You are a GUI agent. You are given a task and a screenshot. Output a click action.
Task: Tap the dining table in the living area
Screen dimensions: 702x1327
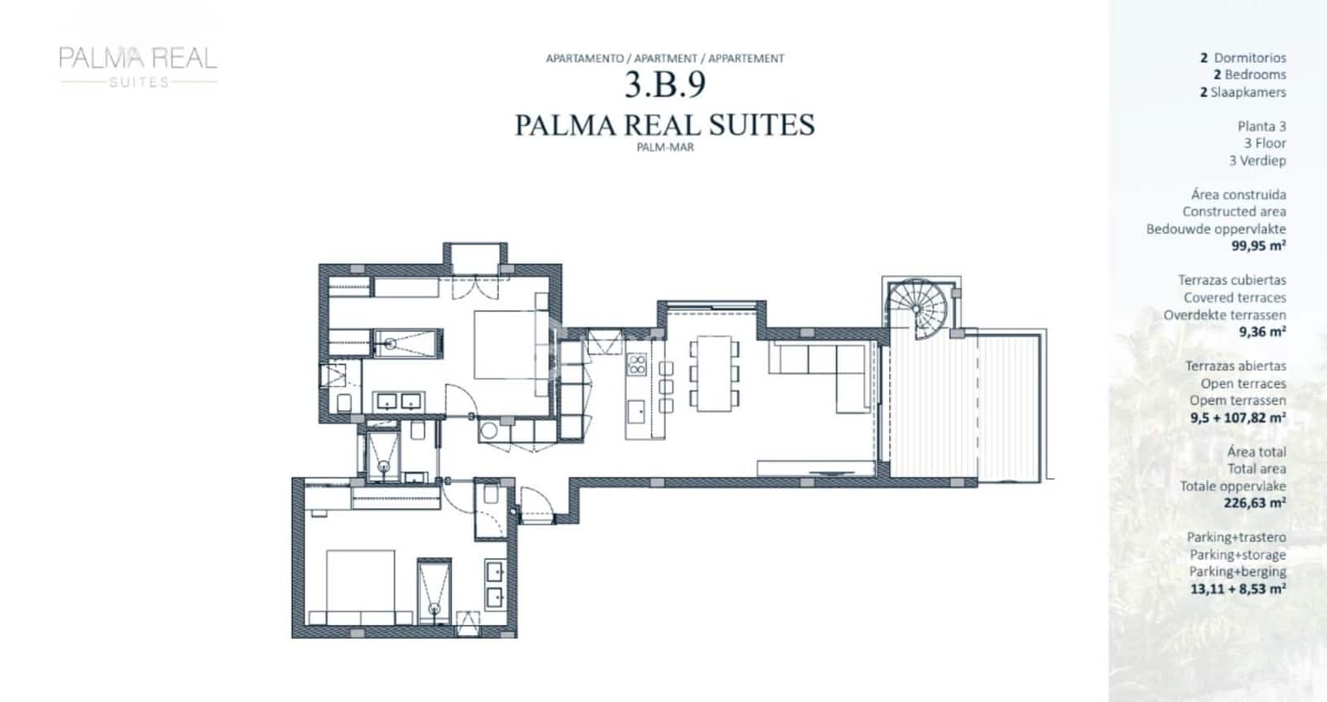[x=713, y=373]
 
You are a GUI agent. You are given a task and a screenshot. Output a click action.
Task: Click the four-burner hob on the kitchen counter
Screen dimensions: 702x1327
[x=637, y=364]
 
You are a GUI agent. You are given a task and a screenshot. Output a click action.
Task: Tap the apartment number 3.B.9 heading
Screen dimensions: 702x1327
[x=664, y=85]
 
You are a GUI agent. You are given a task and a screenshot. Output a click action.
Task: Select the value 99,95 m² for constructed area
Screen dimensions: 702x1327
[x=1257, y=246]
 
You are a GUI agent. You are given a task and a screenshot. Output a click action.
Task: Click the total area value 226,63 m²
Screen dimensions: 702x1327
[x=1254, y=503]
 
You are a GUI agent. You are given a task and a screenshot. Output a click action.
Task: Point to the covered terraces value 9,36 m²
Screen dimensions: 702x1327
[x=1261, y=332]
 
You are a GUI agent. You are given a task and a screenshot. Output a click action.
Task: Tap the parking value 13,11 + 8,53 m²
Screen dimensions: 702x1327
[x=1237, y=589]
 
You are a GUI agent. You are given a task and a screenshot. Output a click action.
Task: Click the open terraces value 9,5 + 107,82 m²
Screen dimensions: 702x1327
[x=1237, y=418]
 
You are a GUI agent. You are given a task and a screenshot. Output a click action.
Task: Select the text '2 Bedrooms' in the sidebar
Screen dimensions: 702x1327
[x=1249, y=75]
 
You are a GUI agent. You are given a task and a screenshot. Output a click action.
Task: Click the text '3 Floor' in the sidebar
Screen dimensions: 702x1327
[x=1264, y=143]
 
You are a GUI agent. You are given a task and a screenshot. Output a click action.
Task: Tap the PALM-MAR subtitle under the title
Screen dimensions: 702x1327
[x=664, y=148]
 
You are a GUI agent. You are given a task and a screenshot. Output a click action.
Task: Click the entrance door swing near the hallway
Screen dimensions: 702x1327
[x=534, y=504]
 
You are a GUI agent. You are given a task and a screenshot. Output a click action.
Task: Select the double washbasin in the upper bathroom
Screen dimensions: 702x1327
[x=398, y=402]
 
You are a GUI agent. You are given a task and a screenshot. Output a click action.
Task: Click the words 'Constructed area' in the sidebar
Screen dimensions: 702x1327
[x=1233, y=211]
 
